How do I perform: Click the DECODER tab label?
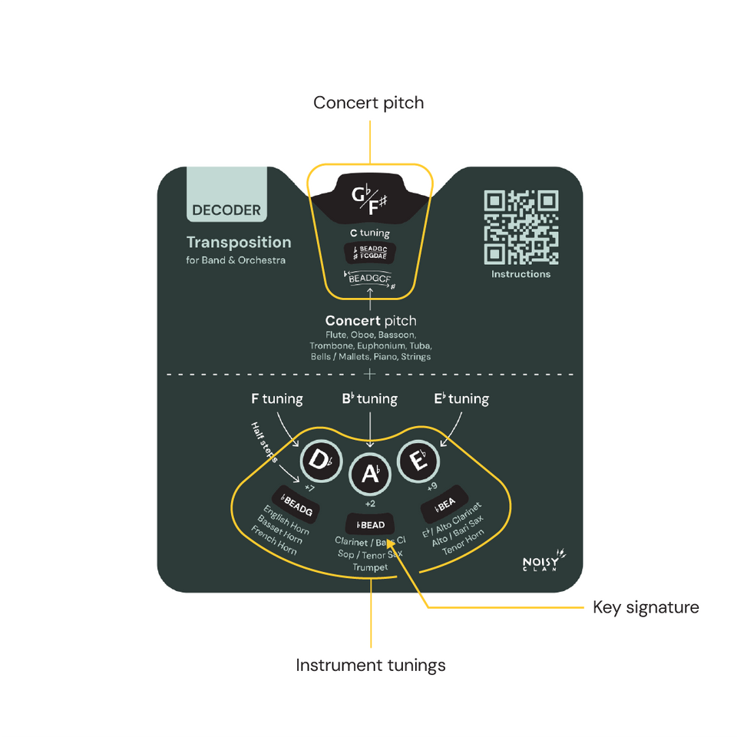(x=226, y=210)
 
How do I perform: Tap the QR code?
(x=521, y=226)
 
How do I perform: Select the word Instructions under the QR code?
(x=521, y=274)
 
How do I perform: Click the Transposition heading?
(x=239, y=243)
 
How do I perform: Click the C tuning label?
(x=369, y=233)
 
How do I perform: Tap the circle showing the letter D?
(x=318, y=461)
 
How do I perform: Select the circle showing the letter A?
(x=371, y=474)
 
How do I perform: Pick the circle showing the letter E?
(x=418, y=461)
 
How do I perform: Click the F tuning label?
(x=277, y=399)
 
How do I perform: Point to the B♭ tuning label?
(x=369, y=399)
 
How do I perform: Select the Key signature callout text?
(x=646, y=608)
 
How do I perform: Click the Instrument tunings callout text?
(x=371, y=665)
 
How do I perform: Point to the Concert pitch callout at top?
(x=368, y=103)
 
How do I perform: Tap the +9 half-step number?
(x=433, y=487)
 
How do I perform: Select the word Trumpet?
(x=371, y=567)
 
